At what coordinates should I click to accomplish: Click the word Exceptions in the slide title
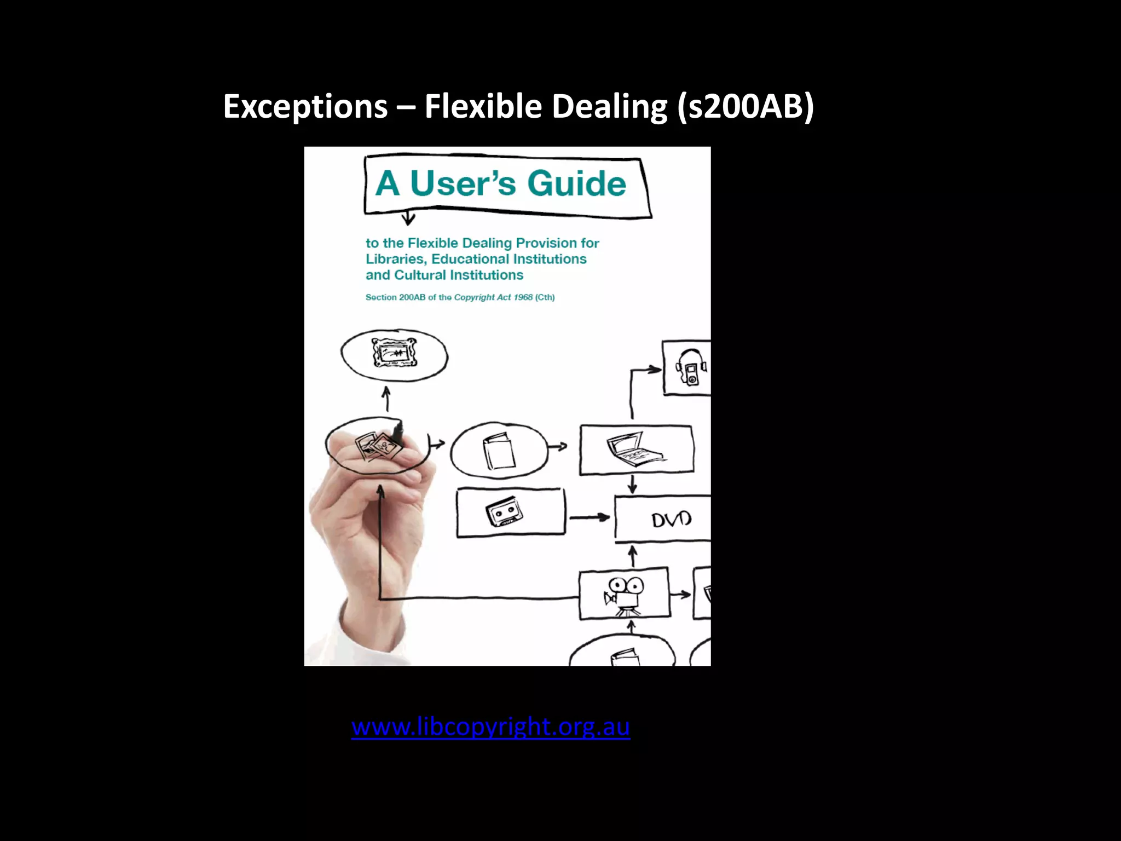[x=305, y=106]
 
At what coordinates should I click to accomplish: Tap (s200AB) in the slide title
[x=745, y=106]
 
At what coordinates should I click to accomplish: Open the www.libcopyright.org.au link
[x=490, y=727]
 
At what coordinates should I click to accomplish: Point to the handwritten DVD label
[x=671, y=519]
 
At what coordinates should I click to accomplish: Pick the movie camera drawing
[x=623, y=594]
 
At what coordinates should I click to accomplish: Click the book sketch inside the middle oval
[x=498, y=451]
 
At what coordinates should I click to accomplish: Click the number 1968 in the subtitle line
[x=523, y=297]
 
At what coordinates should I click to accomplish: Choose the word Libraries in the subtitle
[x=396, y=259]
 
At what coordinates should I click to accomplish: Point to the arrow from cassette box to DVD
[x=590, y=517]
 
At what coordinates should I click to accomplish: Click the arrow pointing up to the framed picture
[x=386, y=399]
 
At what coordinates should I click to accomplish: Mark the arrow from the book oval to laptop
[x=558, y=447]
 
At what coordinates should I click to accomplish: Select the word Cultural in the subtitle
[x=420, y=275]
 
